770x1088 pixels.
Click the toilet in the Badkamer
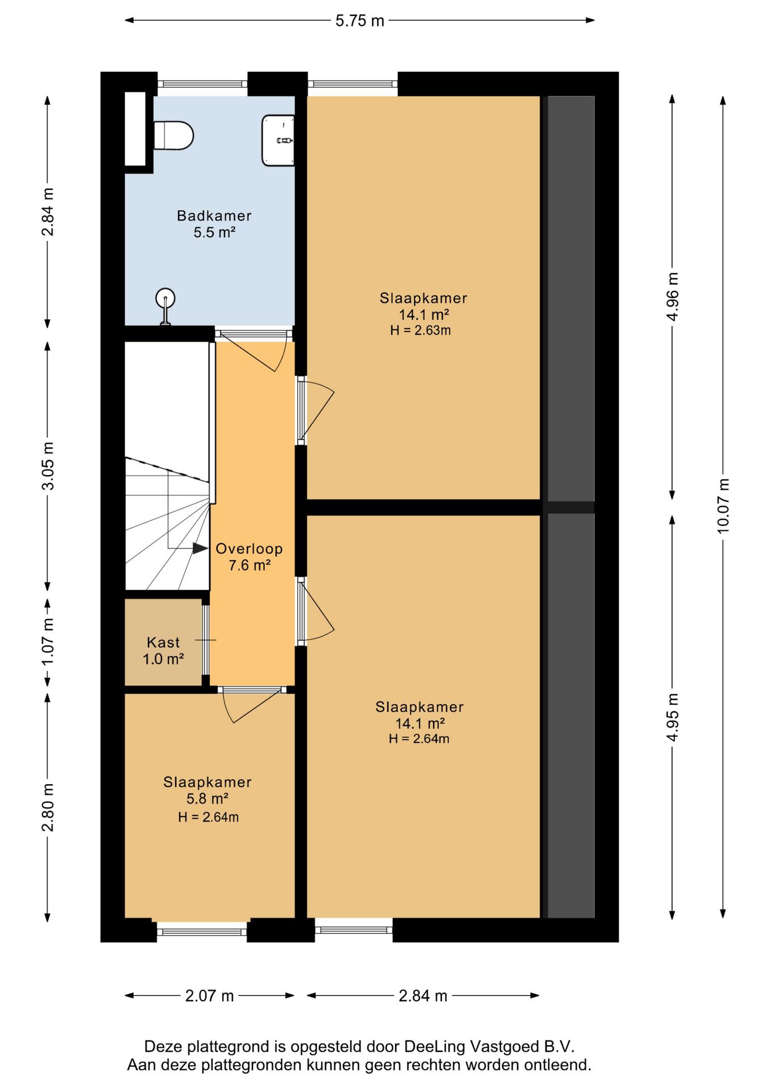[x=174, y=135]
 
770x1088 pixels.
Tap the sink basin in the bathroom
[x=278, y=141]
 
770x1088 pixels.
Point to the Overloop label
[x=249, y=549]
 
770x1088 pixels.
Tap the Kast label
[x=163, y=642]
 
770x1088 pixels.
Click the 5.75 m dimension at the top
[x=359, y=21]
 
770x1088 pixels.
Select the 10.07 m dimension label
[x=723, y=506]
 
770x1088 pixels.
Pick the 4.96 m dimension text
[x=672, y=296]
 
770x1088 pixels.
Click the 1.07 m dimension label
[x=48, y=641]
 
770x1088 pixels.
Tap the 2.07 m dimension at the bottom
[x=209, y=996]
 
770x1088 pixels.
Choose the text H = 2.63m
[x=420, y=330]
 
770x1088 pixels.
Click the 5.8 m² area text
[x=207, y=798]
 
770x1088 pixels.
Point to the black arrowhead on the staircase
[x=200, y=548]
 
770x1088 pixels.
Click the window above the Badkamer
[x=202, y=84]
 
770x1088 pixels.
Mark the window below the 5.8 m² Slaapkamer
[x=202, y=931]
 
